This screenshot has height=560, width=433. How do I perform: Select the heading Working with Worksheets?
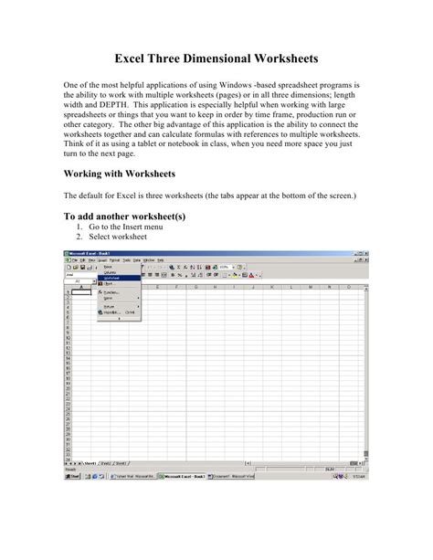click(125, 172)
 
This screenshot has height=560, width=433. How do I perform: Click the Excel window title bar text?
click(89, 252)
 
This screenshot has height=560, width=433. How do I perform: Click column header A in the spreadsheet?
click(83, 286)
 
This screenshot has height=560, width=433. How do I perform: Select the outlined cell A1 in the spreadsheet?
click(83, 291)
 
